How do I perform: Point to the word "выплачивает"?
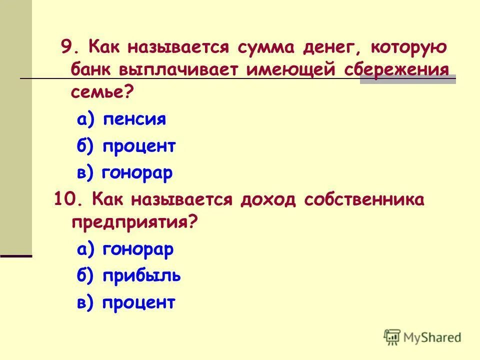[179, 70]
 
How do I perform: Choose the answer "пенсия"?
[134, 119]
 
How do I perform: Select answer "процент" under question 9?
[139, 146]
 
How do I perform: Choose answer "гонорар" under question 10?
[138, 248]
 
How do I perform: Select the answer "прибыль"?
[142, 275]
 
